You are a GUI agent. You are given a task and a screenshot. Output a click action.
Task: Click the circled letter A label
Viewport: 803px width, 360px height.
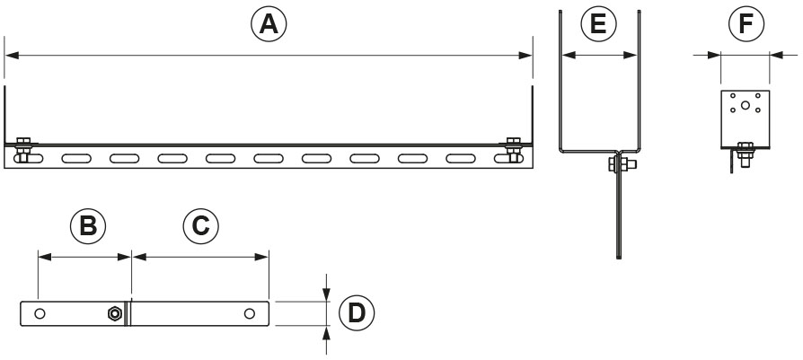pyautogui.click(x=268, y=25)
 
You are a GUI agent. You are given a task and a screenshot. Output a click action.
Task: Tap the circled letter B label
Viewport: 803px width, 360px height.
pyautogui.click(x=87, y=225)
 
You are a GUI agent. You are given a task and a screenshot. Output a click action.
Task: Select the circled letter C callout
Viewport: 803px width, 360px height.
pyautogui.click(x=201, y=225)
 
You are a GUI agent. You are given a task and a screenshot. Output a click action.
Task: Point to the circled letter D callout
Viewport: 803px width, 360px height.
pyautogui.click(x=357, y=313)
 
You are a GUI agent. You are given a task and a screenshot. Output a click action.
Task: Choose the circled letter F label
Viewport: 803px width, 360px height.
pyautogui.click(x=746, y=25)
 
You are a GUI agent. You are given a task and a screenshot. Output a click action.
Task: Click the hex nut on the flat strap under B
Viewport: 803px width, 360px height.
pyautogui.click(x=114, y=313)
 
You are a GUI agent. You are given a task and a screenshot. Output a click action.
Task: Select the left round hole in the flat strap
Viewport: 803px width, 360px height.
pyautogui.click(x=39, y=313)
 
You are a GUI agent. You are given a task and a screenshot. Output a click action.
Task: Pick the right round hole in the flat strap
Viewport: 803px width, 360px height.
pyautogui.click(x=249, y=313)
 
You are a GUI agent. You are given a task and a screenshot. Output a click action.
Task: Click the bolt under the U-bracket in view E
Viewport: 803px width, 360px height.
pyautogui.click(x=621, y=163)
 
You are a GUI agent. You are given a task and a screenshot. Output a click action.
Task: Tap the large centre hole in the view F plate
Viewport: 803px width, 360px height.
pyautogui.click(x=746, y=105)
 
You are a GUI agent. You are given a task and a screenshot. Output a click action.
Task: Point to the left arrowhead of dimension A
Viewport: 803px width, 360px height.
pyautogui.click(x=9, y=56)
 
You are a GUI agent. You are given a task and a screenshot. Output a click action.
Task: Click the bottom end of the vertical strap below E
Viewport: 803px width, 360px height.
pyautogui.click(x=619, y=257)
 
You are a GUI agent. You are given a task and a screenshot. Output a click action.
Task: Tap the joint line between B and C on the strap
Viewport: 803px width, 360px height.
pyautogui.click(x=130, y=313)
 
